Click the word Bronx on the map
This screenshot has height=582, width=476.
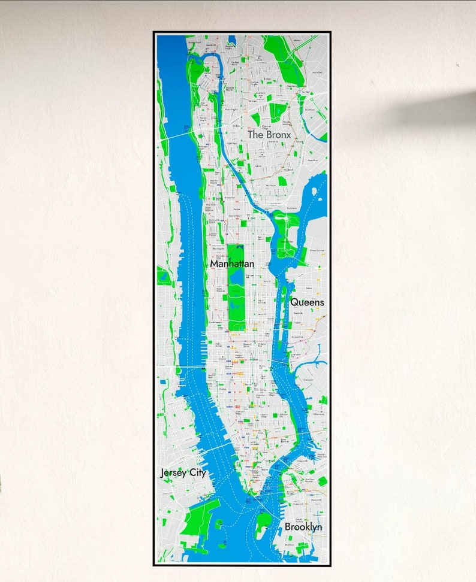point(279,135)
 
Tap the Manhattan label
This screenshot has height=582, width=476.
point(232,263)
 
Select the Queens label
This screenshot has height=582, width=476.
point(307,302)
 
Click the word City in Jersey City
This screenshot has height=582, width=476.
point(198,473)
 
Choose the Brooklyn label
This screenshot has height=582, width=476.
point(303,527)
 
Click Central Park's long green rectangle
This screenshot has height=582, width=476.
point(236,311)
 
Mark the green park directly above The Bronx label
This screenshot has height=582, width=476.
point(278,111)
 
